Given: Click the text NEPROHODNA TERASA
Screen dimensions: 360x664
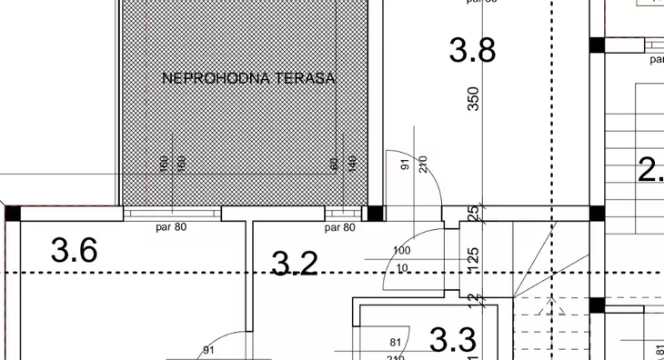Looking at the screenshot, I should pyautogui.click(x=248, y=78).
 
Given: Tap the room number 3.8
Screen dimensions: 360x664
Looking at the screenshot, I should pyautogui.click(x=472, y=50).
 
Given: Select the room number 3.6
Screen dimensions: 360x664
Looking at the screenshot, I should pyautogui.click(x=75, y=249).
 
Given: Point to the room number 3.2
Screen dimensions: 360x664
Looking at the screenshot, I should pyautogui.click(x=296, y=264).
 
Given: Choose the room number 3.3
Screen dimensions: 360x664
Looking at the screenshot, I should pyautogui.click(x=452, y=341).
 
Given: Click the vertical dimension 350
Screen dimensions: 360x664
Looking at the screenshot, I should pyautogui.click(x=473, y=99).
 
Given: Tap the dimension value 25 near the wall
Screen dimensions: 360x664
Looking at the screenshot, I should pyautogui.click(x=473, y=214).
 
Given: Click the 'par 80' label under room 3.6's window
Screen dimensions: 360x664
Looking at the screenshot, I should pyautogui.click(x=171, y=227).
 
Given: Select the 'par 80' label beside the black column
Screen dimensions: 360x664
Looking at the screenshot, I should pyautogui.click(x=339, y=227).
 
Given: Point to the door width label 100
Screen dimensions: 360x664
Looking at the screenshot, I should pyautogui.click(x=401, y=250).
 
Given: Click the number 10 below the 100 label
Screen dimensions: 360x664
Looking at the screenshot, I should pyautogui.click(x=402, y=266).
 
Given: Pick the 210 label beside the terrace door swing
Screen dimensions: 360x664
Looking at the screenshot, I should pyautogui.click(x=422, y=165).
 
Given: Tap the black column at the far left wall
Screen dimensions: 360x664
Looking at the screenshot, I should pyautogui.click(x=13, y=214).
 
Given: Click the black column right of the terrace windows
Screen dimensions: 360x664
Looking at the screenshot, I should pyautogui.click(x=375, y=214).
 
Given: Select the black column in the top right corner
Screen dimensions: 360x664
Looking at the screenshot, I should pyautogui.click(x=597, y=45).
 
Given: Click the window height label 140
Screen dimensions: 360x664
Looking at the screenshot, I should pyautogui.click(x=350, y=165).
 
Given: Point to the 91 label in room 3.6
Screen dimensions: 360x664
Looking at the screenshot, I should pyautogui.click(x=208, y=350).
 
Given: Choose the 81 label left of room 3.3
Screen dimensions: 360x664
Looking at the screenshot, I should pyautogui.click(x=396, y=343).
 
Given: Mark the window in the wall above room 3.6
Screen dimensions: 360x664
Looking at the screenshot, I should pyautogui.click(x=172, y=214).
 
